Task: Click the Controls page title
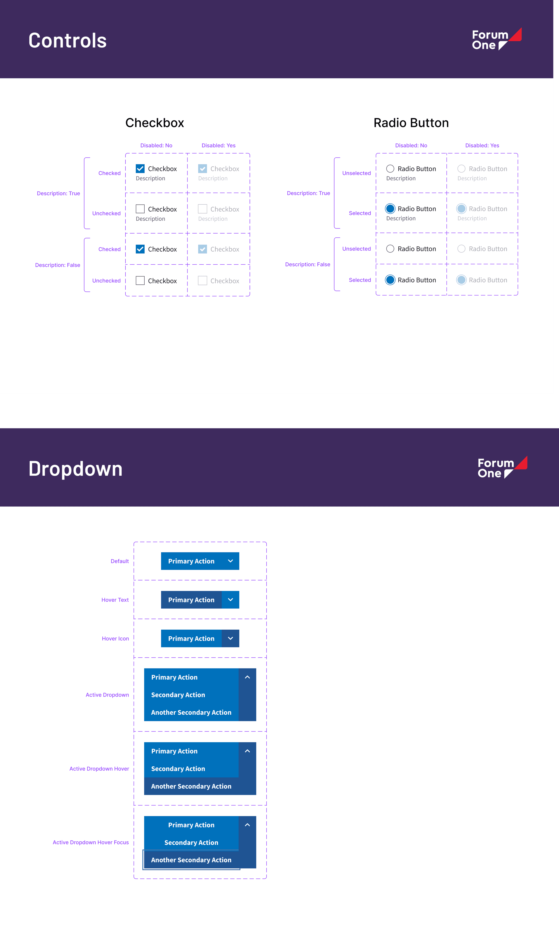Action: [x=68, y=41]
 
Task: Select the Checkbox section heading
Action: [x=154, y=123]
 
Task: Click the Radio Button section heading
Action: [x=411, y=123]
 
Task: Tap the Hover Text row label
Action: [x=115, y=600]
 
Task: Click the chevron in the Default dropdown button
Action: [x=230, y=561]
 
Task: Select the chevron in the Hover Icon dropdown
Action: [x=230, y=638]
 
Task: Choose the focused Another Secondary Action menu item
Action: [x=191, y=860]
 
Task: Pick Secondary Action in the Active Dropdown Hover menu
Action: [x=178, y=768]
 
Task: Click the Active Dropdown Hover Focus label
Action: [x=91, y=842]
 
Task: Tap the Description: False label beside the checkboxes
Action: [x=57, y=265]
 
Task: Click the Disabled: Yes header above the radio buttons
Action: [x=482, y=145]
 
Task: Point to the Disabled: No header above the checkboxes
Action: [x=156, y=145]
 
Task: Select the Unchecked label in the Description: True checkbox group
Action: [x=106, y=213]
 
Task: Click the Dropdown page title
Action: [x=75, y=469]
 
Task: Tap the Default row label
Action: [x=120, y=561]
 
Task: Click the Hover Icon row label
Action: [x=115, y=638]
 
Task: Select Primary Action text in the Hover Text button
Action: [x=191, y=600]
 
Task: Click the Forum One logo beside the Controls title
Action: [x=496, y=40]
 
